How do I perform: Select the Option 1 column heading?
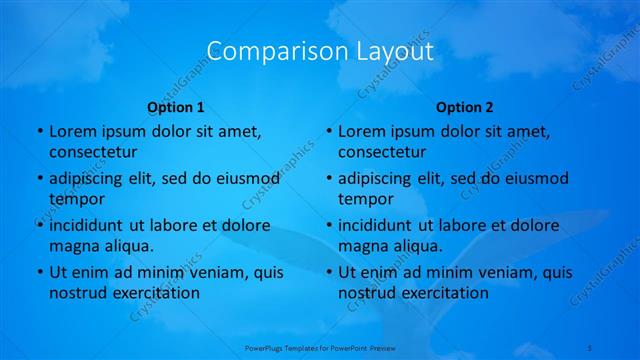176,107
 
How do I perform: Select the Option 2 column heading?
465,107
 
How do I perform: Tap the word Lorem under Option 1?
72,131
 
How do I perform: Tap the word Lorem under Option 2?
361,131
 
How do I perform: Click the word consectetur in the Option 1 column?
93,152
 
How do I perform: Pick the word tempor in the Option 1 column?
76,199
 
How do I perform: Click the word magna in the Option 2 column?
362,246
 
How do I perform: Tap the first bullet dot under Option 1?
39,131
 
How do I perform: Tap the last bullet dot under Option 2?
328,272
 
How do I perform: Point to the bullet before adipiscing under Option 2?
328,178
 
